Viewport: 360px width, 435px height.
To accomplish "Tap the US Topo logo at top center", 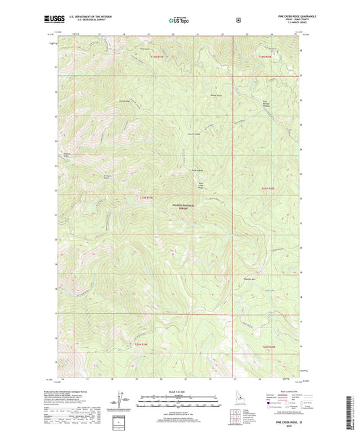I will (179, 22).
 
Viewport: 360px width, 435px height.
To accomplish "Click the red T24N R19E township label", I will (156, 57).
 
